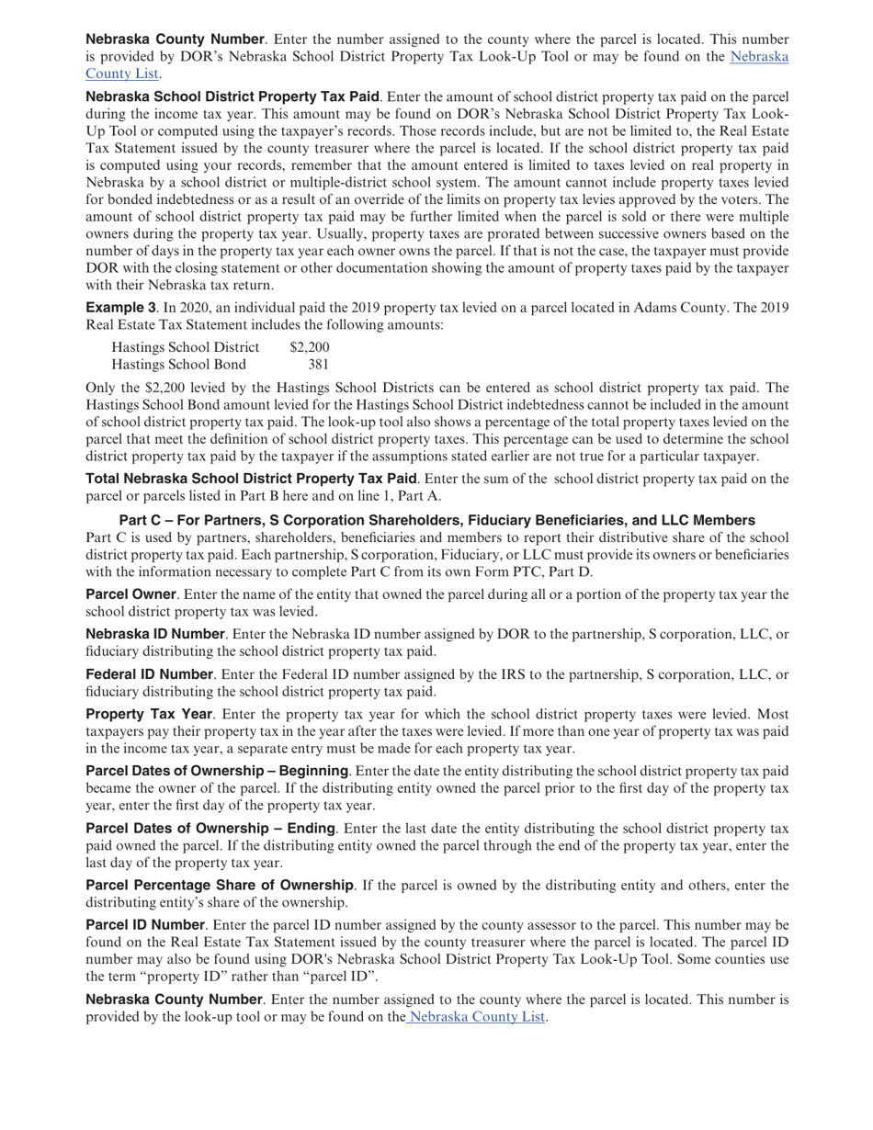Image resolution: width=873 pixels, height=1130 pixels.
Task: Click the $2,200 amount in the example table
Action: (x=309, y=347)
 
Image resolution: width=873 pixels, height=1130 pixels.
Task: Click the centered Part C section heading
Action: (x=436, y=520)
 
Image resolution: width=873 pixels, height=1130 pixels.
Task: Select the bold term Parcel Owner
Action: (x=130, y=594)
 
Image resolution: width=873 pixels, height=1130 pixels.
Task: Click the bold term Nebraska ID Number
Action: (x=154, y=634)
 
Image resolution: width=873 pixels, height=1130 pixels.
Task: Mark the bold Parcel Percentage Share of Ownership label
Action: (x=219, y=886)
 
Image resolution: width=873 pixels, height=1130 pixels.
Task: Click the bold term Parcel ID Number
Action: (x=144, y=924)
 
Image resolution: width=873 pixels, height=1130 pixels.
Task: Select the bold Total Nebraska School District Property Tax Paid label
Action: (x=251, y=479)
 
